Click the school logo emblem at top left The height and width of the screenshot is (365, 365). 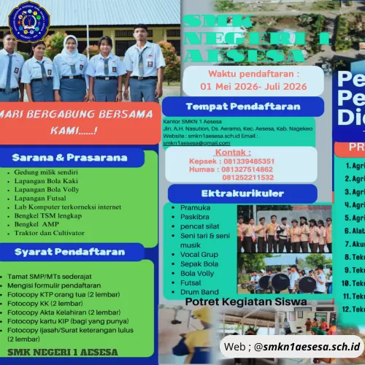(x=29, y=22)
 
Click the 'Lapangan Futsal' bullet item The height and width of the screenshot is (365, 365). (x=39, y=197)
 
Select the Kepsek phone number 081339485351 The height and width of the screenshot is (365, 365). (x=247, y=161)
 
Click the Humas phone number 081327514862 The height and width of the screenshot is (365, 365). (x=247, y=169)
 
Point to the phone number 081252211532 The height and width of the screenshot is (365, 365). (x=248, y=177)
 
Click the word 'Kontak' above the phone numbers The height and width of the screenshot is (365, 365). (x=234, y=153)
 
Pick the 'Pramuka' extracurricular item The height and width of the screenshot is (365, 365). (x=196, y=208)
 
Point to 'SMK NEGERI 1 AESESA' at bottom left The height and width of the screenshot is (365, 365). (x=68, y=352)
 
